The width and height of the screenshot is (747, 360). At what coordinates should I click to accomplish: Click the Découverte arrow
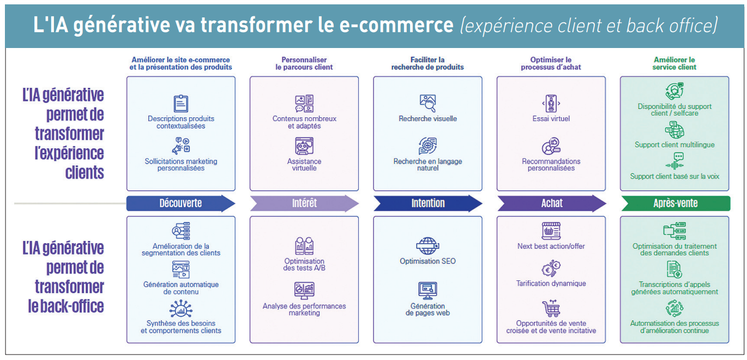pyautogui.click(x=180, y=203)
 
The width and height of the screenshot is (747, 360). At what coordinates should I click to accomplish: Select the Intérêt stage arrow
pyautogui.click(x=304, y=203)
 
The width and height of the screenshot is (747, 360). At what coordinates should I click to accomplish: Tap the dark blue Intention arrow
pyautogui.click(x=427, y=203)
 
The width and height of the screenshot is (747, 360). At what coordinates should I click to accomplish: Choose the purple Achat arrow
pyautogui.click(x=551, y=203)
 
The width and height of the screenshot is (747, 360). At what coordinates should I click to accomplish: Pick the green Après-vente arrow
pyautogui.click(x=675, y=203)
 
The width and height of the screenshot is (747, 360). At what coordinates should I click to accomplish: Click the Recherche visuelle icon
pyautogui.click(x=427, y=103)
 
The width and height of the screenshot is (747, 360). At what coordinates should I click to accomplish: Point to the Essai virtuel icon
pyautogui.click(x=551, y=103)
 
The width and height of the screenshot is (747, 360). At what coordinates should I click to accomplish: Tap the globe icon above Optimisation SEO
pyautogui.click(x=427, y=245)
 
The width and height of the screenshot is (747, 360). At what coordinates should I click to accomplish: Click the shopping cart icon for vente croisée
pyautogui.click(x=551, y=309)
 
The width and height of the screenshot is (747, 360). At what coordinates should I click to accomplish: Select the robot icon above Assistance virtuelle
pyautogui.click(x=304, y=146)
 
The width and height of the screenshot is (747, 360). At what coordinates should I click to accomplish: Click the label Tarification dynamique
pyautogui.click(x=551, y=284)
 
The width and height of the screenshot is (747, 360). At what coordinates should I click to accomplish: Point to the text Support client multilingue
pyautogui.click(x=674, y=145)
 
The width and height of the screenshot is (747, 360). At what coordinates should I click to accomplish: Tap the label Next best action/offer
pyautogui.click(x=551, y=247)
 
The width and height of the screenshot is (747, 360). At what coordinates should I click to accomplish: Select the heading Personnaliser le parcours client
pyautogui.click(x=304, y=63)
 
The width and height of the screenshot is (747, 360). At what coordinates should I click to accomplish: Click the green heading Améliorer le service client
pyautogui.click(x=674, y=63)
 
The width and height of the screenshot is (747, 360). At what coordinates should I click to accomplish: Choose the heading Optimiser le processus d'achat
pyautogui.click(x=551, y=63)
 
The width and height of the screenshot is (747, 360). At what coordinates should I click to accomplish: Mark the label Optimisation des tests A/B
pyautogui.click(x=304, y=265)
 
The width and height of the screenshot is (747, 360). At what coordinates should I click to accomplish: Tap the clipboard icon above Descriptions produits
pyautogui.click(x=180, y=103)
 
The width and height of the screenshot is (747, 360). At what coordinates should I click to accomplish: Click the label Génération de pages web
pyautogui.click(x=427, y=309)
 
